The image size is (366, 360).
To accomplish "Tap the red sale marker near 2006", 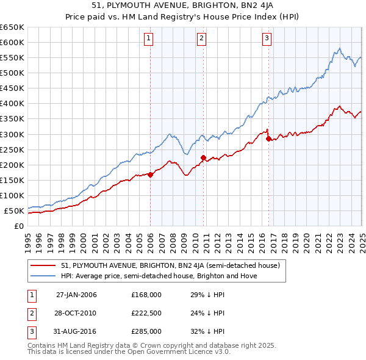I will click(x=151, y=175).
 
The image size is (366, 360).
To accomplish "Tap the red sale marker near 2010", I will click(x=204, y=157).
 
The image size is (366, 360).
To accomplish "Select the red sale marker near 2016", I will click(x=269, y=139).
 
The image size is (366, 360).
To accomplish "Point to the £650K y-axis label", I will click(x=12, y=27).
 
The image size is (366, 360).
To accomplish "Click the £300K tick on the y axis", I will click(x=12, y=134).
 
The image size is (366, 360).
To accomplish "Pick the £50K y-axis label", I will click(x=14, y=211).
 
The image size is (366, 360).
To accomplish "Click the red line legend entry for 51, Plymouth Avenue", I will click(x=170, y=265).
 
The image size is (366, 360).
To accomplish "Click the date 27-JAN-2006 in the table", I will click(x=76, y=294).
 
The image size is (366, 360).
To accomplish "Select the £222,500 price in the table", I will click(x=146, y=312).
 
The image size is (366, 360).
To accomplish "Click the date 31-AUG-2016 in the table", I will click(x=76, y=331).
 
